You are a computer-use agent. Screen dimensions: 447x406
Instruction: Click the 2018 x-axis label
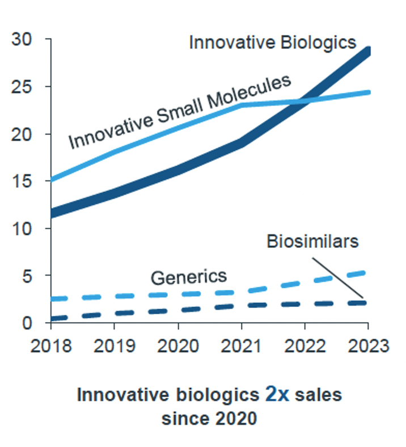click(50, 346)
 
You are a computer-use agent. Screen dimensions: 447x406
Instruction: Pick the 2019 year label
click(114, 346)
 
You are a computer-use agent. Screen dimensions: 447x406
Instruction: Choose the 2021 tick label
click(241, 346)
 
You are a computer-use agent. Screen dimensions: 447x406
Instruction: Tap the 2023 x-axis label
click(367, 346)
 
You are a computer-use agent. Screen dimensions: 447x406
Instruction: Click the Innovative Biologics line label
click(272, 43)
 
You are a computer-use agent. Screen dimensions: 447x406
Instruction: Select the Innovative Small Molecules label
click(180, 111)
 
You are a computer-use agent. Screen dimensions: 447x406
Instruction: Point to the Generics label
click(188, 277)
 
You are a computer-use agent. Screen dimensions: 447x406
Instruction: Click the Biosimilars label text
click(312, 241)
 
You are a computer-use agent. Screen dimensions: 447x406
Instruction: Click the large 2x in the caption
click(277, 395)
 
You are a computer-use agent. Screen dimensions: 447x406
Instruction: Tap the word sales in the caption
click(319, 395)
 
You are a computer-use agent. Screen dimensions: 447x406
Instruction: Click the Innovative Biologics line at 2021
click(242, 142)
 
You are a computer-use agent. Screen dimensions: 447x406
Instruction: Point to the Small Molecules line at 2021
click(242, 105)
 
